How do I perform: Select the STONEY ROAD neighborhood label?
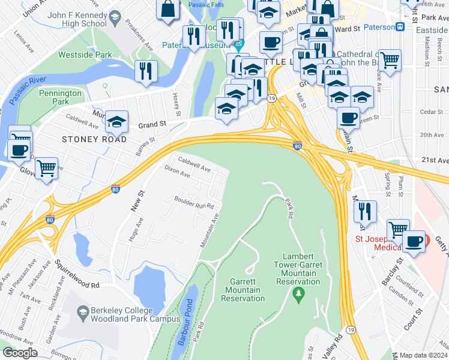pos(94,139)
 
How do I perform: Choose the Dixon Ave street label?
pos(177,175)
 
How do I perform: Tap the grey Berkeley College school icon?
pos(83,311)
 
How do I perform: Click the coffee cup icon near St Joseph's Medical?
pos(414,241)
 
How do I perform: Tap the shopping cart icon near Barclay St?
pos(398,229)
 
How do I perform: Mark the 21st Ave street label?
pos(435,160)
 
